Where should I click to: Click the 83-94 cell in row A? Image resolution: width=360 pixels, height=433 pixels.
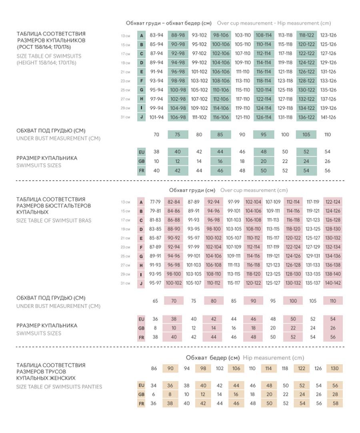click(x=156, y=35)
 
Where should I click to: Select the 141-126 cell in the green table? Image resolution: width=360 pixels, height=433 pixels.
click(x=328, y=118)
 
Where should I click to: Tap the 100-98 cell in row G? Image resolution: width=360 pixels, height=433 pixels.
click(x=178, y=90)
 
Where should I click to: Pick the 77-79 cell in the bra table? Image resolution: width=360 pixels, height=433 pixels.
click(x=155, y=202)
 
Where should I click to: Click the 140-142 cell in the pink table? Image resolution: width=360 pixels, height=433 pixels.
click(x=333, y=283)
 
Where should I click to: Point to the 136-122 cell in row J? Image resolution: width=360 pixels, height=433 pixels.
click(x=306, y=118)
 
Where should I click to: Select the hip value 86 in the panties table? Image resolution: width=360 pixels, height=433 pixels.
click(x=154, y=368)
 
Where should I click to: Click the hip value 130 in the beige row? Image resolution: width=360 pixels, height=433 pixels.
click(x=334, y=368)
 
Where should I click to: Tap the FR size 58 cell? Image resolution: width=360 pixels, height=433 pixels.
click(x=336, y=403)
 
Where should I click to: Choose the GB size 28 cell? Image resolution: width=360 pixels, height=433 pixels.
click(x=335, y=394)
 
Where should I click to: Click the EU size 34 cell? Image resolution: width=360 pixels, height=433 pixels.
click(x=153, y=385)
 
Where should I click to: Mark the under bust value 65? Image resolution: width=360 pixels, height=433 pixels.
click(x=155, y=301)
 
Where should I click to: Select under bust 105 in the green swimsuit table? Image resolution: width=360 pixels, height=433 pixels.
click(x=306, y=135)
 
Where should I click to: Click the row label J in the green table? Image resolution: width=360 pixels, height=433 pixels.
click(x=142, y=118)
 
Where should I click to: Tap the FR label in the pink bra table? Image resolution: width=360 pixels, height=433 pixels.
click(x=141, y=337)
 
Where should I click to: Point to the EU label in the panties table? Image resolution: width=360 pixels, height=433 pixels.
click(x=141, y=385)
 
